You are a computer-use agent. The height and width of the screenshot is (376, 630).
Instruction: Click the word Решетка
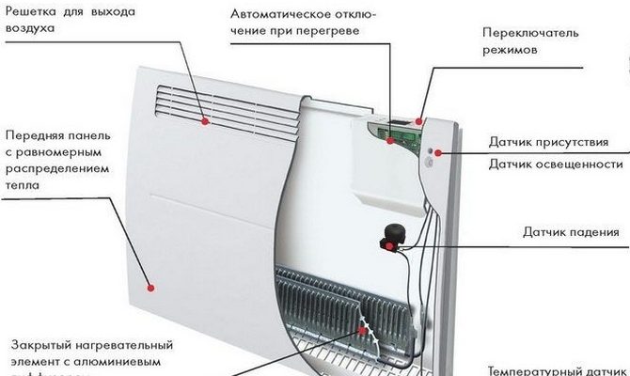pos(31,12)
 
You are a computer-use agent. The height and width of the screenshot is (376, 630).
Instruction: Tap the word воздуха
pos(26,29)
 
